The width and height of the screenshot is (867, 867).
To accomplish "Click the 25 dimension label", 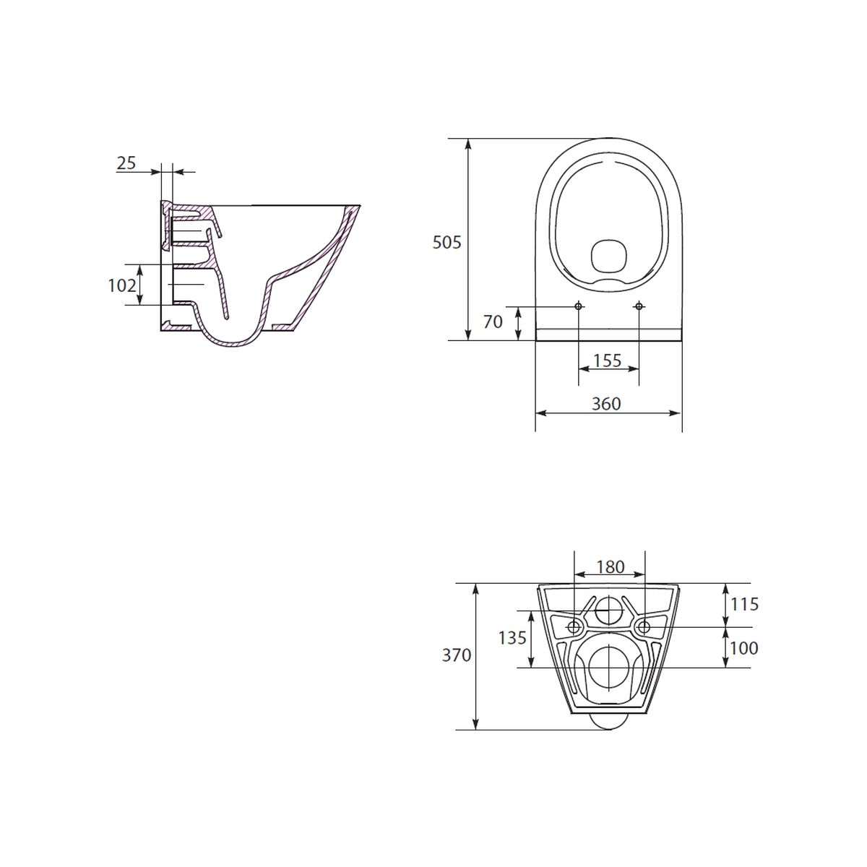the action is click(x=126, y=163).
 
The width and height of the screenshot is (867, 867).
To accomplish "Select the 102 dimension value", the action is click(x=122, y=285).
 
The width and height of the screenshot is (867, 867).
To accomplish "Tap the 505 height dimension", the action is click(x=447, y=243).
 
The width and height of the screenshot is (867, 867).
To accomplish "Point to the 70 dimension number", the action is click(x=493, y=322).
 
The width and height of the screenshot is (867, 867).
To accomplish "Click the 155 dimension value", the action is click(x=608, y=361).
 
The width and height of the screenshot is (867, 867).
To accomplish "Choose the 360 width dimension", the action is click(x=606, y=404).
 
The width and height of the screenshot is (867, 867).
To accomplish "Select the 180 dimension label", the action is click(x=610, y=567).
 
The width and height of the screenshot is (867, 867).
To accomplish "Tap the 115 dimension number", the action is click(x=745, y=604).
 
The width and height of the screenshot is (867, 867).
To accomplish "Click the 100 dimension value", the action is click(x=744, y=648).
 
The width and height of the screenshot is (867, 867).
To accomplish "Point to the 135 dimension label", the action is click(x=512, y=637).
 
